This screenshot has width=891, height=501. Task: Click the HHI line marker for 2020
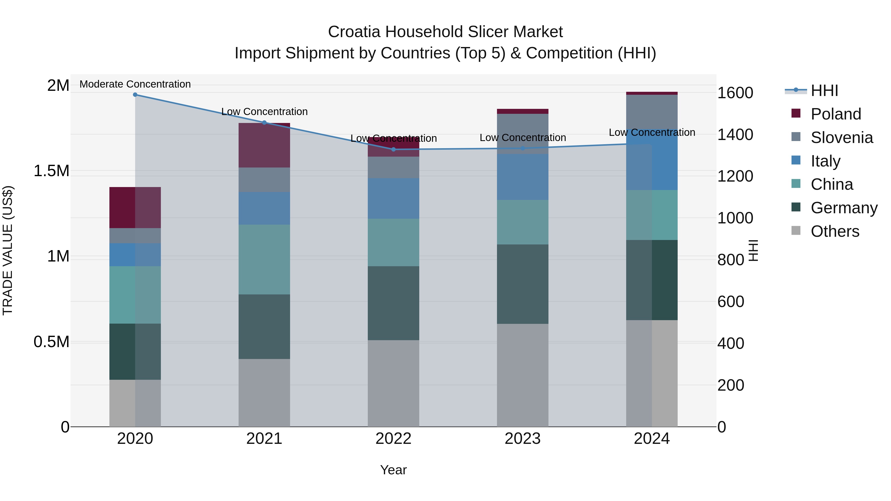[x=135, y=95]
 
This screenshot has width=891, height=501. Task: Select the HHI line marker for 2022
[x=393, y=149]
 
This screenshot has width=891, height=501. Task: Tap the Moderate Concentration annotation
[x=135, y=84]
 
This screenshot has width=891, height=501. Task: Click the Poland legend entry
[x=835, y=114]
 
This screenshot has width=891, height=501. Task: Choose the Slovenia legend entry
[x=841, y=138]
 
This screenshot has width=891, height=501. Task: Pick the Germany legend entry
[x=844, y=208]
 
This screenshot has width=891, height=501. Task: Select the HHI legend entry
[x=824, y=91]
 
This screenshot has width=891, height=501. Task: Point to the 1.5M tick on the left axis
[x=51, y=171]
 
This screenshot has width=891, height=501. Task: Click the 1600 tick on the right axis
[x=735, y=93]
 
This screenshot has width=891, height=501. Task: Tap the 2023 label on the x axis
[x=522, y=438]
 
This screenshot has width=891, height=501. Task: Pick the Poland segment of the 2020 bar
[x=135, y=208]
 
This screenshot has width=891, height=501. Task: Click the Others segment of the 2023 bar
[x=522, y=375]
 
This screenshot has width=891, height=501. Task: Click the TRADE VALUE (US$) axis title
[x=8, y=250]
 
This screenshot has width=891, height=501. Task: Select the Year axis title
[x=393, y=470]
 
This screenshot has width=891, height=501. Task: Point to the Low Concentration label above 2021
[x=264, y=112]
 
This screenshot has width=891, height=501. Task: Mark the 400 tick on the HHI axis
[x=731, y=343]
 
